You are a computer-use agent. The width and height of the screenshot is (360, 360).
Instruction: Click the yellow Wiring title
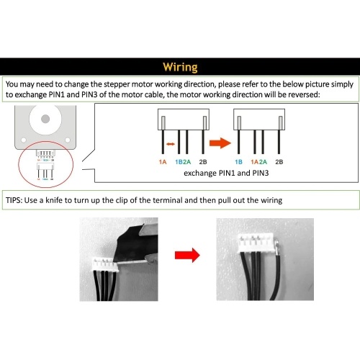point(180,67)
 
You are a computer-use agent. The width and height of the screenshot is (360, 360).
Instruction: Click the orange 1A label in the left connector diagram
point(163,162)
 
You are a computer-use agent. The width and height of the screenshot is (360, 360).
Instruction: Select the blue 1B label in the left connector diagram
point(179,162)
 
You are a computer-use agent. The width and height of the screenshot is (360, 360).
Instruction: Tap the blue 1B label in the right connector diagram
point(238,162)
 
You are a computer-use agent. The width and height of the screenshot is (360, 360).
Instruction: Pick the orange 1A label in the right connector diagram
point(255,162)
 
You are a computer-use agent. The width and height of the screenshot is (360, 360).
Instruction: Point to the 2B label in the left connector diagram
point(203,162)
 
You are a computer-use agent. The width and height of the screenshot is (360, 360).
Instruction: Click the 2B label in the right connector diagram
point(279,162)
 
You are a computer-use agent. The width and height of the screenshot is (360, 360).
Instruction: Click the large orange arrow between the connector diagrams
point(220,143)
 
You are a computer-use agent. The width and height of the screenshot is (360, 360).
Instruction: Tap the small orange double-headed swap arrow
point(171,144)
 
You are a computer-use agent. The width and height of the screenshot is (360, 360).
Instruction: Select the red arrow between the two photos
point(187,255)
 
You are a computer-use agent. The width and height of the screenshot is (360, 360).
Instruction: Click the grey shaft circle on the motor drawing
point(45,119)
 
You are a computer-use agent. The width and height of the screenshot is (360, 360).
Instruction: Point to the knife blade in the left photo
point(135,245)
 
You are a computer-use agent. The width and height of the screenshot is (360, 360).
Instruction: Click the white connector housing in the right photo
point(257,243)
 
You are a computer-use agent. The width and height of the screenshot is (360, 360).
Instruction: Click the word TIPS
point(14,200)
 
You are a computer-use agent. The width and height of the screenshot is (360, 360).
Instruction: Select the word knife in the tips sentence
point(54,200)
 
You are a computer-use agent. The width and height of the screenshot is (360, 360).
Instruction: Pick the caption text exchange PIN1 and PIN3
point(226,173)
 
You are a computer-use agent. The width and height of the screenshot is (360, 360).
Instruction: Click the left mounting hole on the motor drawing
point(24,140)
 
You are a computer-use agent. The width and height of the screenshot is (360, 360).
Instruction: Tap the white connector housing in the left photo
point(106,265)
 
